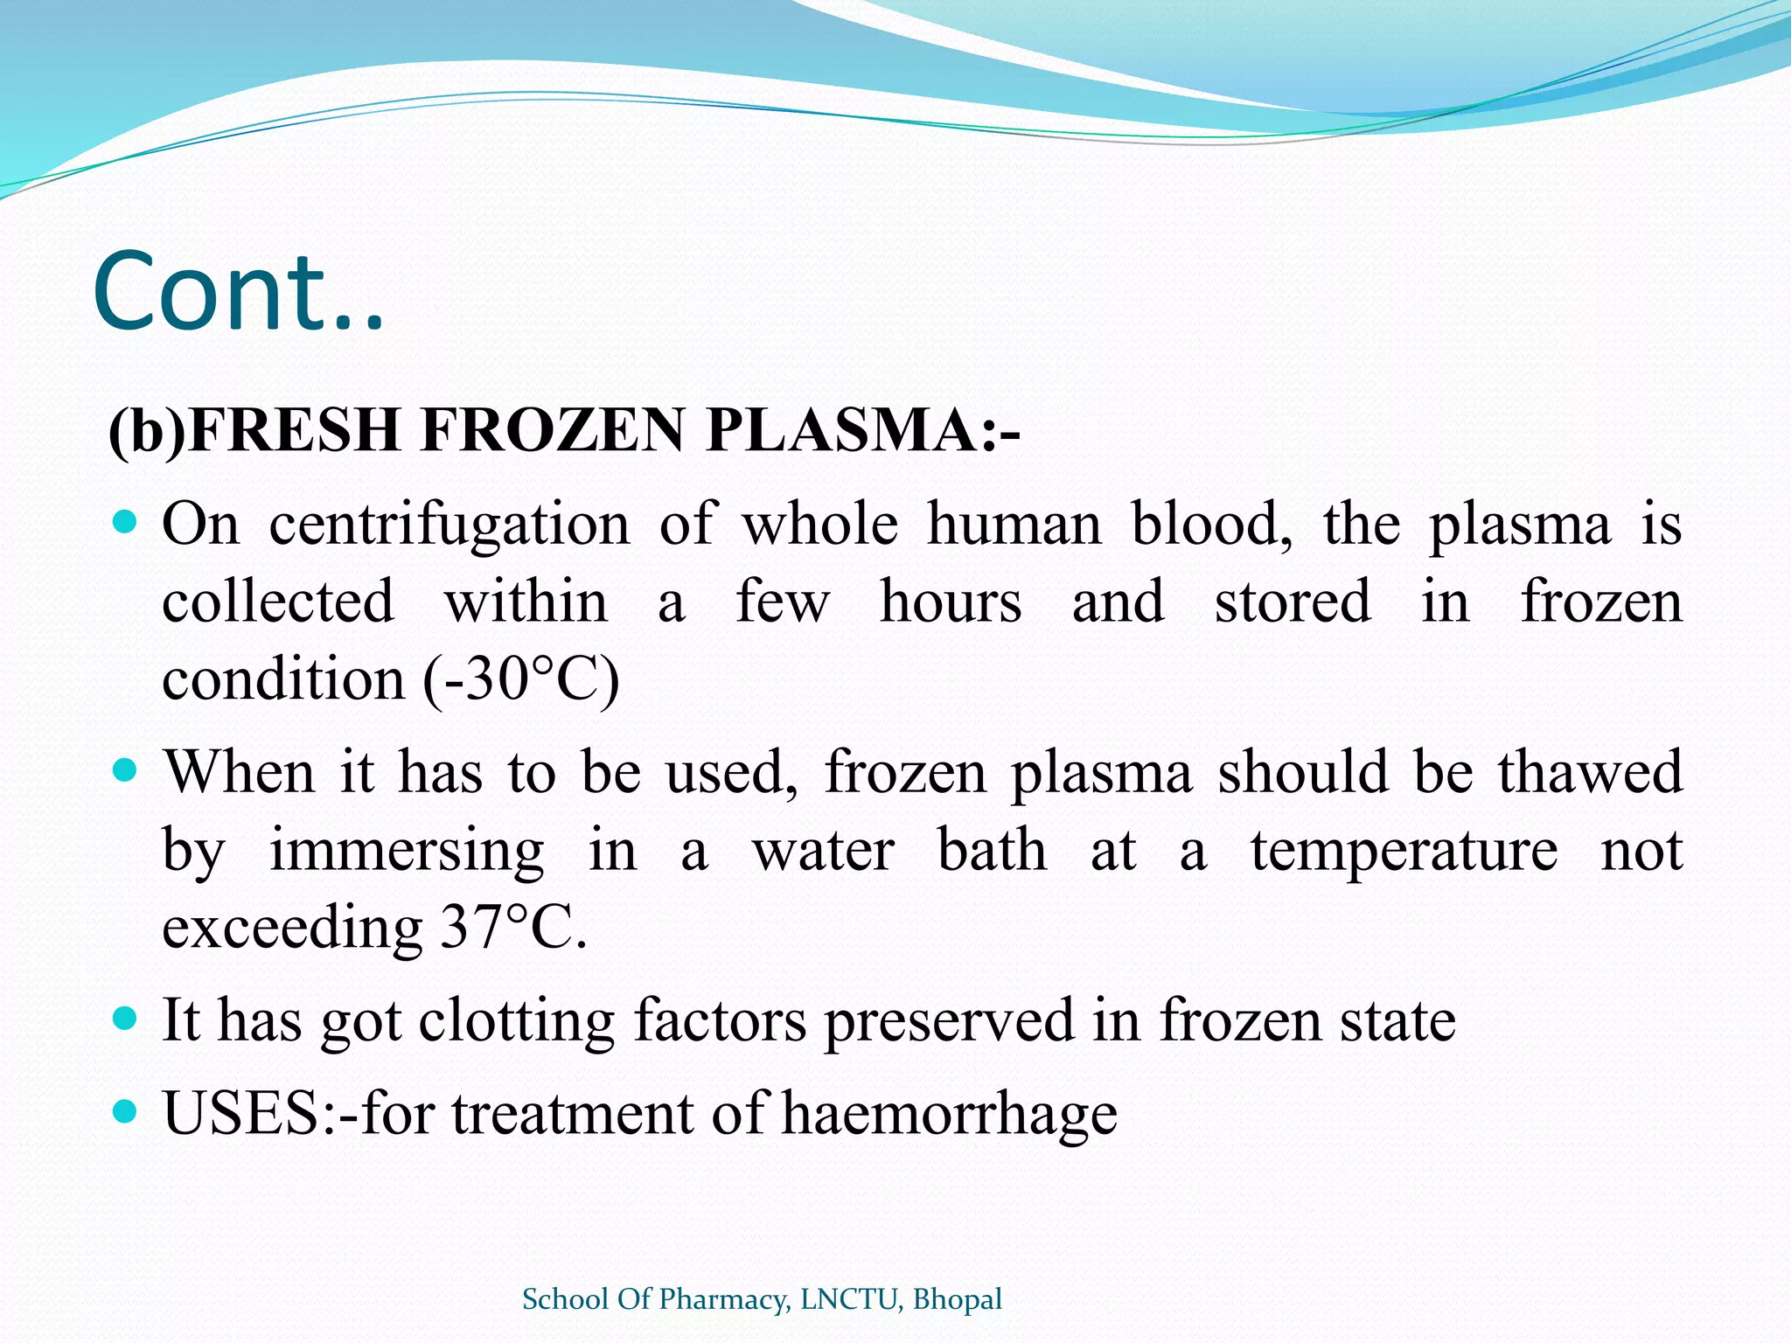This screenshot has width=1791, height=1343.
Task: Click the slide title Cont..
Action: [x=238, y=292]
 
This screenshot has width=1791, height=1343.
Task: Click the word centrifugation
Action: [x=449, y=526]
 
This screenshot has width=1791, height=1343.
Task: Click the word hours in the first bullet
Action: [x=950, y=602]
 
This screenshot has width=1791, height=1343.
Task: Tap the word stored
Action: [x=1293, y=602]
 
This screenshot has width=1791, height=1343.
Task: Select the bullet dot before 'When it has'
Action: [x=126, y=771]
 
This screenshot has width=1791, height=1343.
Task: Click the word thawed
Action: [x=1590, y=773]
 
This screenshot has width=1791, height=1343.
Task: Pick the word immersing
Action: [x=406, y=852]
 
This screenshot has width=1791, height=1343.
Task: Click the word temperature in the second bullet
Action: [x=1404, y=852]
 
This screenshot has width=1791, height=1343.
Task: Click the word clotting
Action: [x=516, y=1021]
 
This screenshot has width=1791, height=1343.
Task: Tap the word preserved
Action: [x=949, y=1021]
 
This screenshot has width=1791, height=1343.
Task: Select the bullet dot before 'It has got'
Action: [x=126, y=1019]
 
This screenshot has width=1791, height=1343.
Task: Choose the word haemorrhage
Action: [x=949, y=1116]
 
